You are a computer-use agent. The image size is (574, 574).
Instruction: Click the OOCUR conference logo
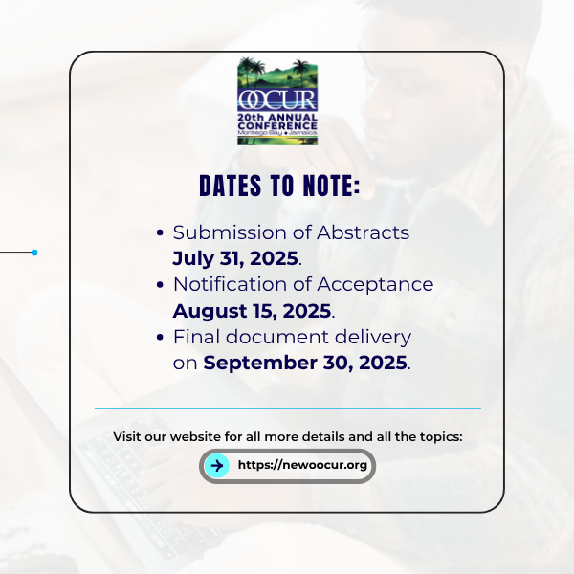(277, 101)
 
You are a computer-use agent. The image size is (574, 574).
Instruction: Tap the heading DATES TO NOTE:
(279, 186)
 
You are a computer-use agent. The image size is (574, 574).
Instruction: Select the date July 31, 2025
(235, 258)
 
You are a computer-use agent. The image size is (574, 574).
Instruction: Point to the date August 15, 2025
(252, 311)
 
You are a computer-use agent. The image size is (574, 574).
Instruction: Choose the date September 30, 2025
(305, 363)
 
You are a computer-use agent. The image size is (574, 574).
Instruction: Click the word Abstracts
(364, 232)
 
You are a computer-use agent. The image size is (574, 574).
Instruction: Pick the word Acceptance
(375, 285)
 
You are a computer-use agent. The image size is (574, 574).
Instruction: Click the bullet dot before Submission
(160, 232)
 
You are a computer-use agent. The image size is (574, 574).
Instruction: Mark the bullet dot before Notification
(160, 285)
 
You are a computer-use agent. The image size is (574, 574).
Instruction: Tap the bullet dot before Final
(160, 337)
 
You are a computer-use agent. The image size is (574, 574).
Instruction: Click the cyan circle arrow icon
(217, 466)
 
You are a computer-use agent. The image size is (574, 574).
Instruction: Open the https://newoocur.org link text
(302, 465)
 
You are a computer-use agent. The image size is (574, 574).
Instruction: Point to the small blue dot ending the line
(34, 253)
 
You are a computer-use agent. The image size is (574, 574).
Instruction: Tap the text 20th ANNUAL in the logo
(277, 118)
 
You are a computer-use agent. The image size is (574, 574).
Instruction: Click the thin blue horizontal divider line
(288, 408)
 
